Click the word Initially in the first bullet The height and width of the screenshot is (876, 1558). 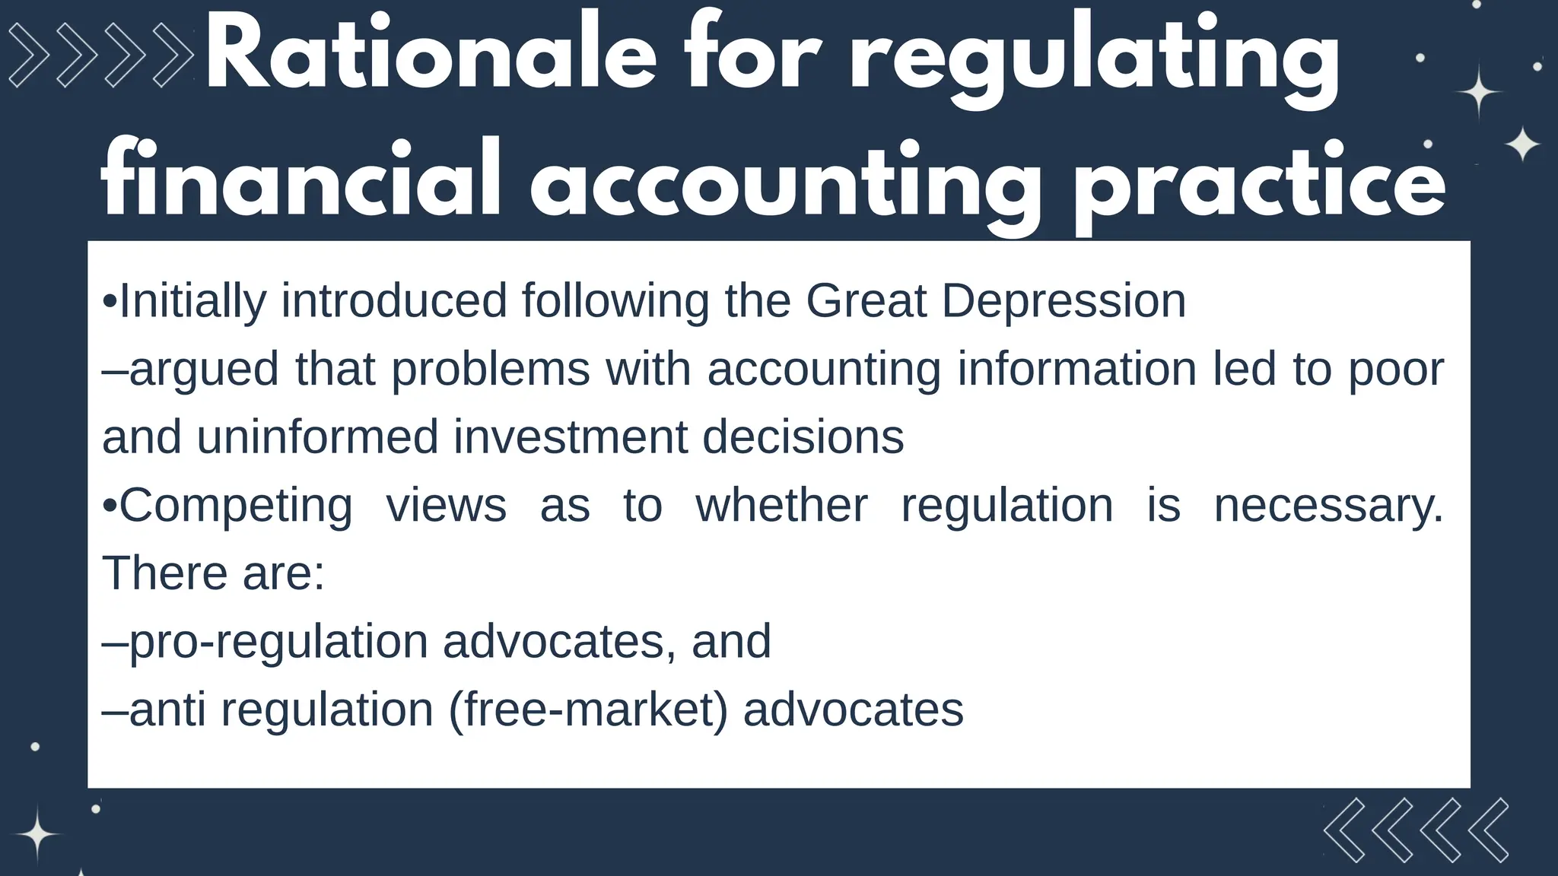(193, 301)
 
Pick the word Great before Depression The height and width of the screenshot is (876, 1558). (866, 300)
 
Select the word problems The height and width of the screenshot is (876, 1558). (491, 370)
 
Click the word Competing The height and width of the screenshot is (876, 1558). (236, 506)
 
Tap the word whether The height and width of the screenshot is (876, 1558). (781, 505)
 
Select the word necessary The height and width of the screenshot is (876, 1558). (1327, 506)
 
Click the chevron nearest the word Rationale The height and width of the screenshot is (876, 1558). (173, 55)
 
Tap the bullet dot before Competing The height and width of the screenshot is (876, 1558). (110, 506)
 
